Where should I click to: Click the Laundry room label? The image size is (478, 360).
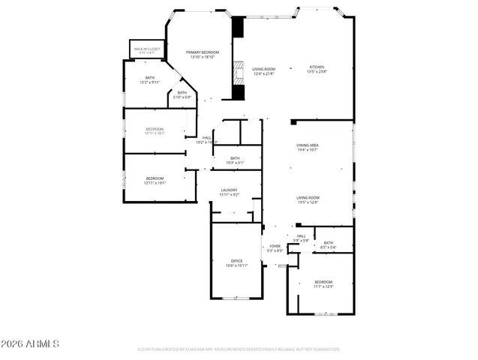(x=229, y=190)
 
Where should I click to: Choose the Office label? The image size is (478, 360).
(x=236, y=261)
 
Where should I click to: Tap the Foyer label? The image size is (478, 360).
(x=275, y=246)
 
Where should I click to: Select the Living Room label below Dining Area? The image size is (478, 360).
(x=308, y=198)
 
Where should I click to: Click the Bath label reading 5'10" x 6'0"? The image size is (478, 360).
(x=182, y=93)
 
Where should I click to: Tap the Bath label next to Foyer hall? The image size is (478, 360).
(x=328, y=243)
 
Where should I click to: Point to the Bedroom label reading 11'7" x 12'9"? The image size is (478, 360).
(x=323, y=282)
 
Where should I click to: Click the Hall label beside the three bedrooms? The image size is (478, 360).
(x=206, y=138)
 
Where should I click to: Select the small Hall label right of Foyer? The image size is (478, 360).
(x=300, y=237)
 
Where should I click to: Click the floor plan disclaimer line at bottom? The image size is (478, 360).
(x=239, y=349)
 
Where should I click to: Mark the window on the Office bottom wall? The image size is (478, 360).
(x=236, y=298)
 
